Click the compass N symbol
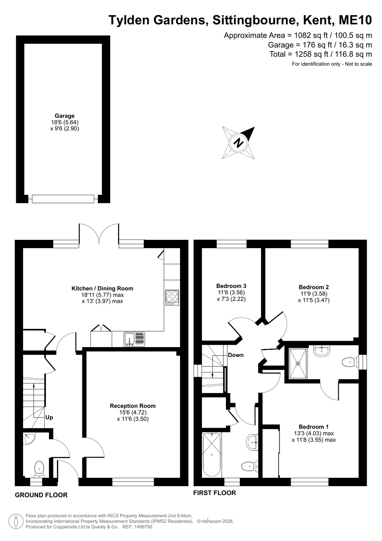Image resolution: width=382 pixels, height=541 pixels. click(x=238, y=143)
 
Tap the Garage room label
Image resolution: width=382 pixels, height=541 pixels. click(x=65, y=116)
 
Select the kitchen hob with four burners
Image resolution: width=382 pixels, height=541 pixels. click(x=172, y=297)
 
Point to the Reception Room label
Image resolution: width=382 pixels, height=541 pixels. click(x=133, y=406)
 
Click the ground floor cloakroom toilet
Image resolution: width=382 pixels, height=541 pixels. click(x=39, y=469)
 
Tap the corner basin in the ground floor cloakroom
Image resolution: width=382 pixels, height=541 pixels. click(x=29, y=439)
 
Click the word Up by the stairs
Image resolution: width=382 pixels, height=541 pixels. click(x=49, y=418)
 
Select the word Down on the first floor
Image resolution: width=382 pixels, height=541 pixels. click(x=236, y=355)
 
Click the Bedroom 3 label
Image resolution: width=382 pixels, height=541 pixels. click(x=231, y=286)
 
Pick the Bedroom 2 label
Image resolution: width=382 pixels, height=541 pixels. click(x=313, y=287)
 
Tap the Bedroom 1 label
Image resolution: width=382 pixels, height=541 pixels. click(x=313, y=427)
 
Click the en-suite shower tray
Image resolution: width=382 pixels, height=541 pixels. click(x=298, y=363)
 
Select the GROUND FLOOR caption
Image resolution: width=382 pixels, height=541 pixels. click(x=41, y=495)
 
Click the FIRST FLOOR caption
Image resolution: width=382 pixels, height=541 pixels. click(x=214, y=493)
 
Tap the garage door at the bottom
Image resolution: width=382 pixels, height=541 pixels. click(x=63, y=199)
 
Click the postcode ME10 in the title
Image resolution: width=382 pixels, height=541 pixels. click(x=355, y=20)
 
